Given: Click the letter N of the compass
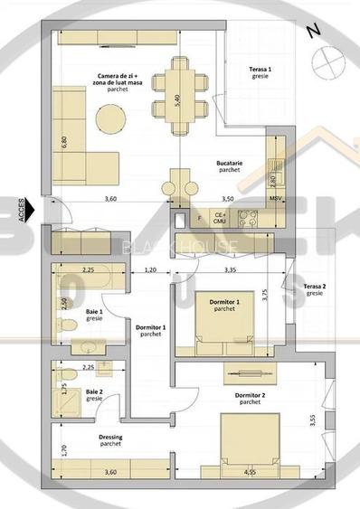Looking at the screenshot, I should click(x=312, y=30).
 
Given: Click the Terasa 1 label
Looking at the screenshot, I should click(x=261, y=72).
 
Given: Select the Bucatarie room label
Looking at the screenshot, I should click(x=228, y=165).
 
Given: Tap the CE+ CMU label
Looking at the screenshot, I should click(x=220, y=217).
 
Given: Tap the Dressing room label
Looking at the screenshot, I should click(x=110, y=440).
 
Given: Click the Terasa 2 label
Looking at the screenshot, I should click(x=315, y=289).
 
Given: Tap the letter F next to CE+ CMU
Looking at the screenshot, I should click(x=200, y=218).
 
